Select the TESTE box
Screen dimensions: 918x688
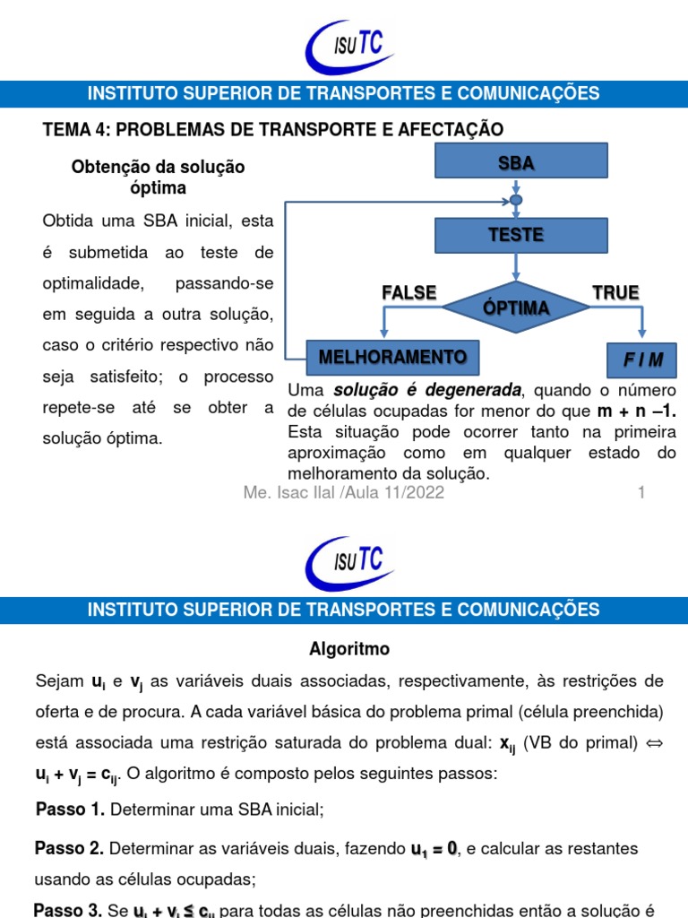pos(515,235)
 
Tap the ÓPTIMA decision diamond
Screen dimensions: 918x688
pos(516,307)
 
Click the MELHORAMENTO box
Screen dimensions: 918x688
pos(392,357)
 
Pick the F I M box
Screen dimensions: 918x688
pos(642,359)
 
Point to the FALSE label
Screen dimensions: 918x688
pos(409,292)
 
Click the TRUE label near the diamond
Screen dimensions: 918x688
pos(615,292)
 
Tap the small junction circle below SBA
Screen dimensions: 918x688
pos(515,199)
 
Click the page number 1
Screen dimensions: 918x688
pos(641,493)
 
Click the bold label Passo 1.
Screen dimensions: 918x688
pos(70,810)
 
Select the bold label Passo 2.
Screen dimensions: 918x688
pos(70,848)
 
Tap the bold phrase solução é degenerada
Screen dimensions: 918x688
pos(427,391)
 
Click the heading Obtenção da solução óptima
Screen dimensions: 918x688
pos(158,178)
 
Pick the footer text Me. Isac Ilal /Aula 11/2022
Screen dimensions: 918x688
pos(344,493)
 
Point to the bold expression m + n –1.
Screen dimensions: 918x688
pos(635,411)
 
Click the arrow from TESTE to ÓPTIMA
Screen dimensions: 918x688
pos(515,267)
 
